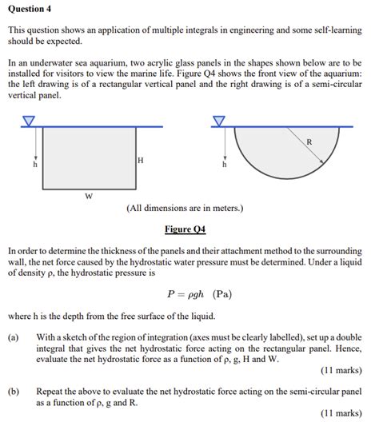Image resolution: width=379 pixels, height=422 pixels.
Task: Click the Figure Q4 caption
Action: click(185, 229)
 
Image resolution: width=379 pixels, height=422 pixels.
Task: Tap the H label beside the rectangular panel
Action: click(141, 161)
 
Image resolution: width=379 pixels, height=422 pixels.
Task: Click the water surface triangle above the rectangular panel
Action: click(30, 121)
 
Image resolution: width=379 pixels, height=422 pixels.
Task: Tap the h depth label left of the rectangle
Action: click(34, 165)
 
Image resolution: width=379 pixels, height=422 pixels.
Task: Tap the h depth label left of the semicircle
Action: click(224, 165)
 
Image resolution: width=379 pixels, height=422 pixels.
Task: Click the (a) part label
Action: click(14, 337)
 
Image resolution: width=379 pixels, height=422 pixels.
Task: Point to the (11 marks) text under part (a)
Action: click(341, 371)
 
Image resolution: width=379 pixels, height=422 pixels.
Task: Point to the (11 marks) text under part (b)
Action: click(341, 414)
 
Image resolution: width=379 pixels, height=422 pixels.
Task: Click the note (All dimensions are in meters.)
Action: click(185, 209)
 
